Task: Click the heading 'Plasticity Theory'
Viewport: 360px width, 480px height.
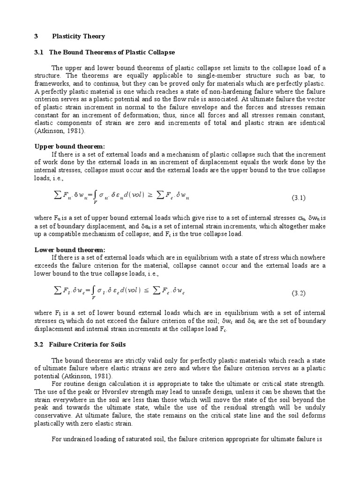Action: point(79,36)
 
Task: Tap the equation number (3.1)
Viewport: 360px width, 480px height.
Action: point(299,198)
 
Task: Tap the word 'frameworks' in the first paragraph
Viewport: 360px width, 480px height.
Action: point(51,83)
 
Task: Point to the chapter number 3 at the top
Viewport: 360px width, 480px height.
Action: point(37,36)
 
